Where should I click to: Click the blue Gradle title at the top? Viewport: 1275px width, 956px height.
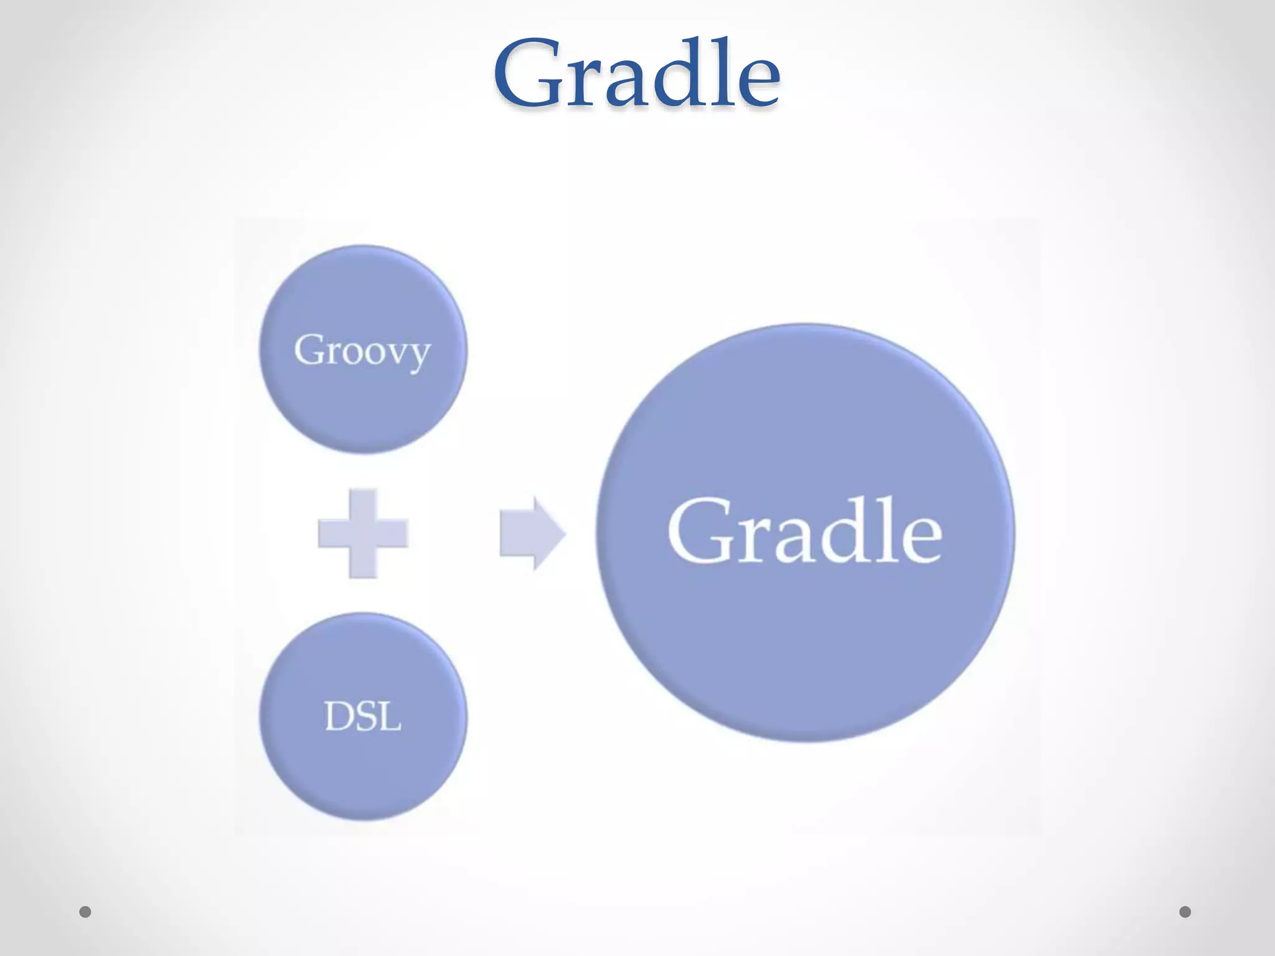click(636, 73)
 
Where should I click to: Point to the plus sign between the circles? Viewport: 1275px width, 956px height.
click(363, 533)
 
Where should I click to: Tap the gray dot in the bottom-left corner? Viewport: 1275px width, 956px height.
click(85, 912)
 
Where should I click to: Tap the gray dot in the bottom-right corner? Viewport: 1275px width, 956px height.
click(1185, 912)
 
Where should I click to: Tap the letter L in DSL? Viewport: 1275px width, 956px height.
click(390, 716)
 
